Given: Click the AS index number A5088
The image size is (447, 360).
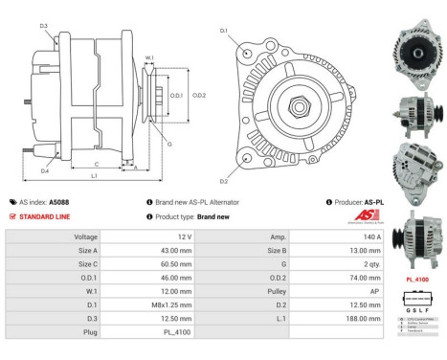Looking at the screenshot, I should [x=58, y=202].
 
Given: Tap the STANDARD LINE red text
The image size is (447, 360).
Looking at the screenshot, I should [x=46, y=216].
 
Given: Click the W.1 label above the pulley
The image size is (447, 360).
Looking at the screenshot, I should [x=149, y=58].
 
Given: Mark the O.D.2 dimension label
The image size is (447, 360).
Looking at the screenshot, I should [x=199, y=95].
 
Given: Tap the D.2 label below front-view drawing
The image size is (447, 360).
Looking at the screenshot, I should [x=223, y=180].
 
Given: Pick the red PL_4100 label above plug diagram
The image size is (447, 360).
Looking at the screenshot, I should [x=416, y=281].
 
